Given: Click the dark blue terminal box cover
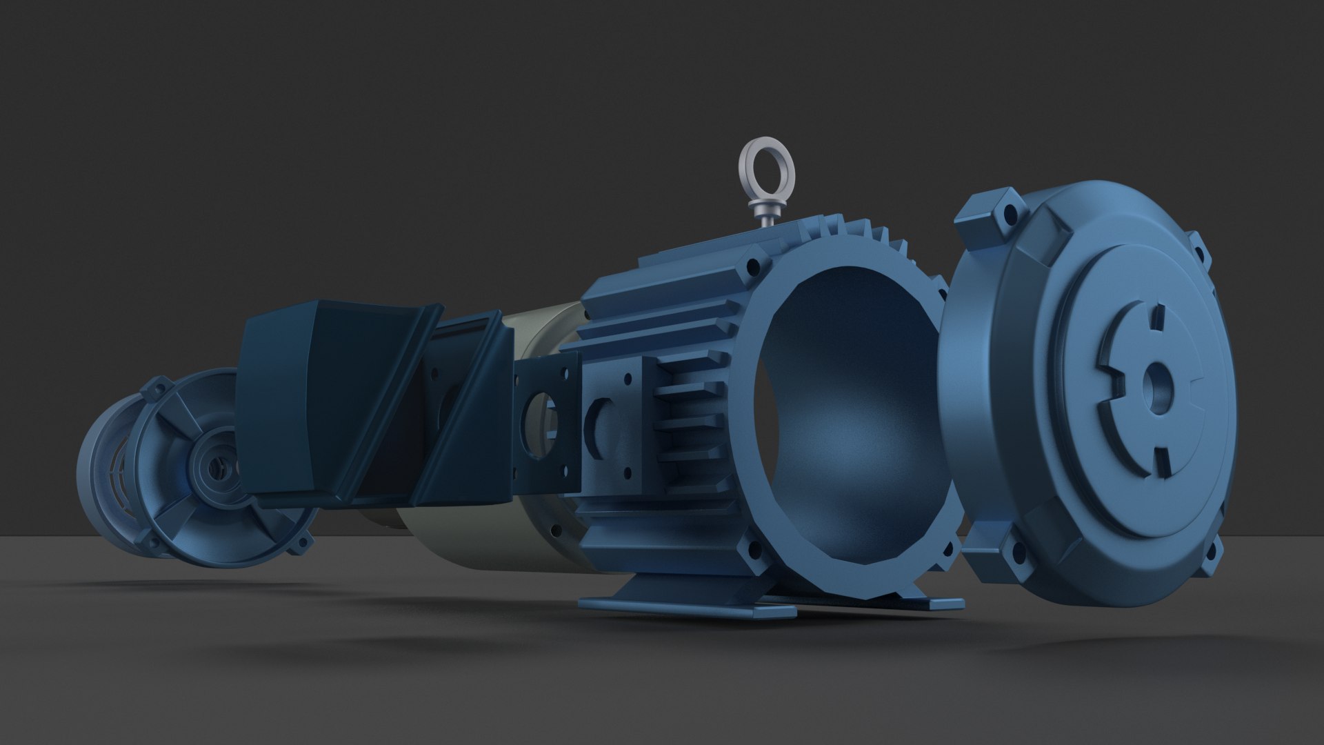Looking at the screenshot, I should [290, 407].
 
